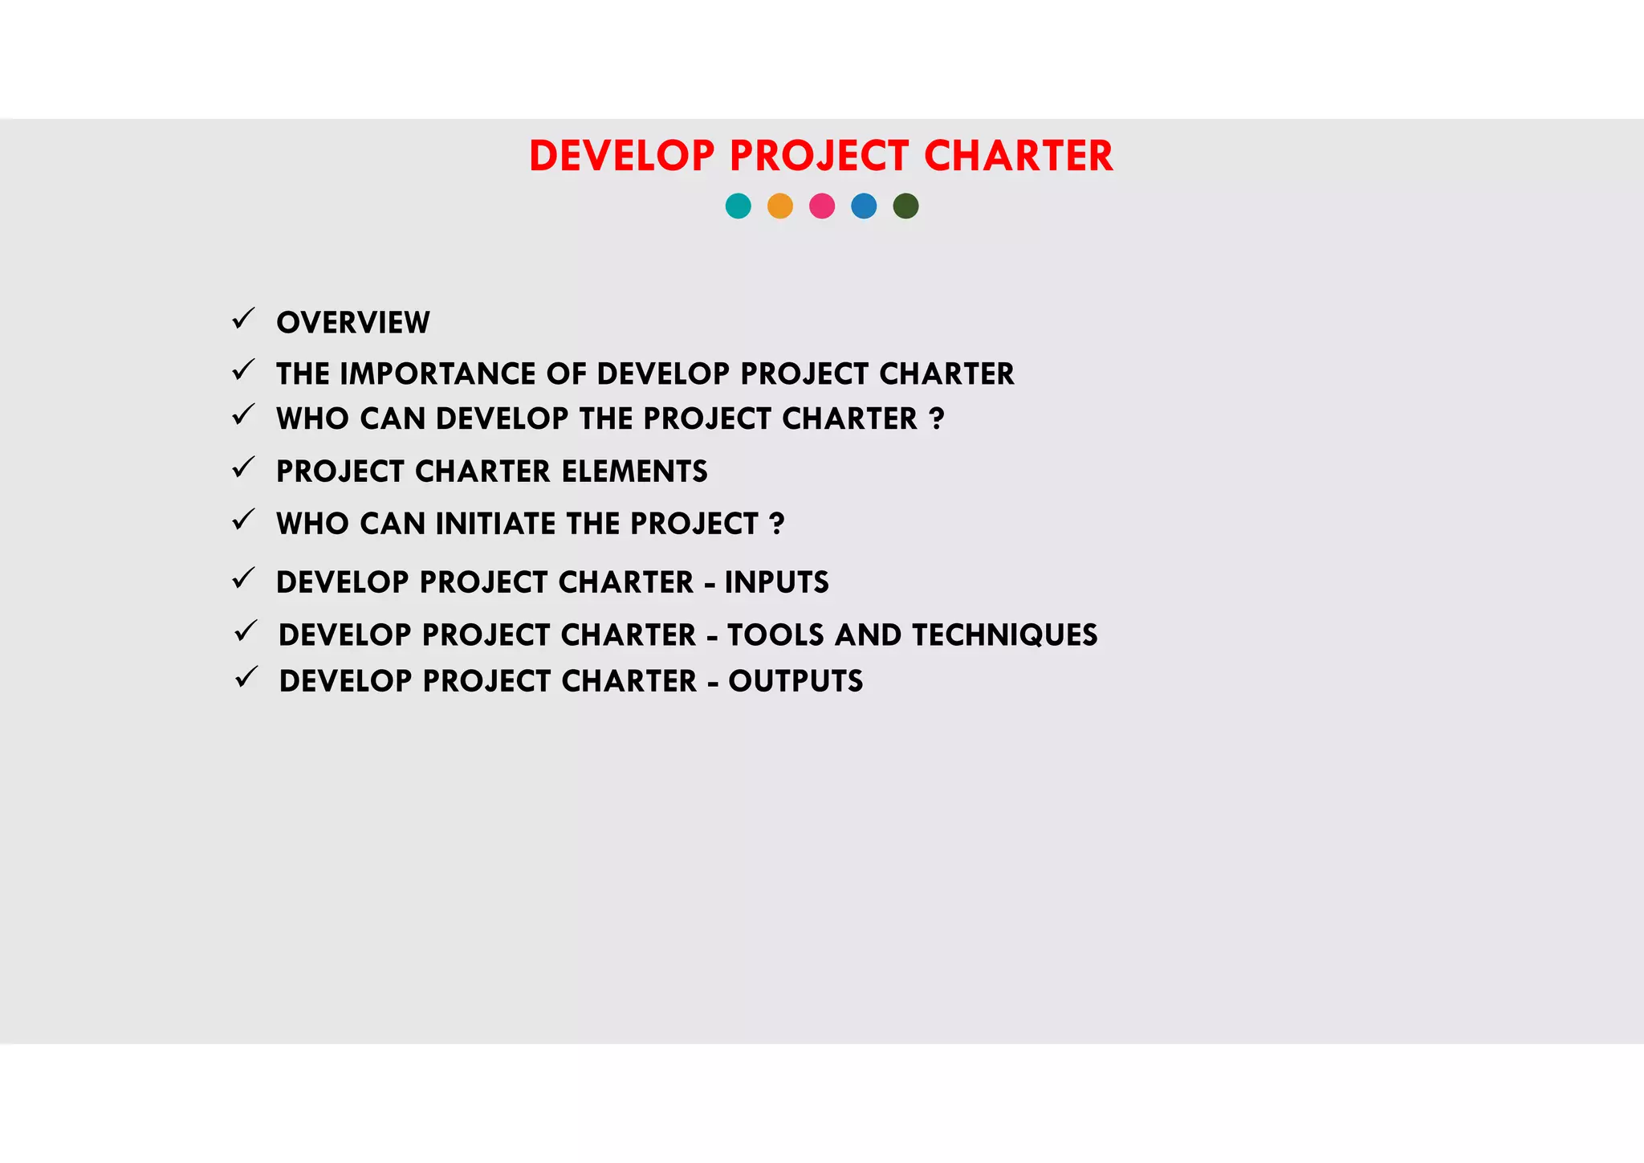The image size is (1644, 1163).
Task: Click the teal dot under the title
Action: click(738, 206)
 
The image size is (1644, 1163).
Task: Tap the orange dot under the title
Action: click(780, 206)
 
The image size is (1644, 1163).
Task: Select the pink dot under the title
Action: click(822, 206)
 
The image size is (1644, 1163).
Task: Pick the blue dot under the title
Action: click(864, 206)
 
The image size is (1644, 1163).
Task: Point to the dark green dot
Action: click(905, 206)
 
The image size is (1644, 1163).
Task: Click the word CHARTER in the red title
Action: click(1019, 156)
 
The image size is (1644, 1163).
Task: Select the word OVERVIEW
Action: click(353, 323)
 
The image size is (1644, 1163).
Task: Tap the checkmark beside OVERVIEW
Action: click(243, 319)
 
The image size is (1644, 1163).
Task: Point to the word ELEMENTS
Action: click(634, 471)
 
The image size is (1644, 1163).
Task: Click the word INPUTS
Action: click(776, 582)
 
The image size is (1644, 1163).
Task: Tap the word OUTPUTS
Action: click(796, 681)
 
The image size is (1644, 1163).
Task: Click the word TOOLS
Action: click(775, 635)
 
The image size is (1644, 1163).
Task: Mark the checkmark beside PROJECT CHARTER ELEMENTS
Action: click(243, 467)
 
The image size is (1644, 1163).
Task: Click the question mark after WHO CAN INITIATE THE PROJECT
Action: click(776, 524)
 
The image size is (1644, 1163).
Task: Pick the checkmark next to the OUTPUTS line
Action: click(246, 677)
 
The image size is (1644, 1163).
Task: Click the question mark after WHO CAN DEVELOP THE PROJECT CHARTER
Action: click(936, 418)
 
